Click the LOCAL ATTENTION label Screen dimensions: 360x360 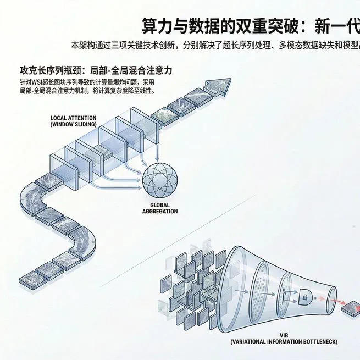[73, 117]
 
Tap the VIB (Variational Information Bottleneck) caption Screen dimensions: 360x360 [284, 339]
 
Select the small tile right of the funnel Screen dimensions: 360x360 [351, 310]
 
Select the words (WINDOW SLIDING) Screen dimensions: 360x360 [73, 124]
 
